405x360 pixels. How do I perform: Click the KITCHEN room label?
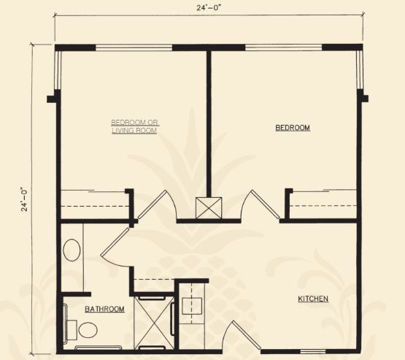313,299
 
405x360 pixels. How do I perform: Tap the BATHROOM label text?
104,309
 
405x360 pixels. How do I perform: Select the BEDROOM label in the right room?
293,128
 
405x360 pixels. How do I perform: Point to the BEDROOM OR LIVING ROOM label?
135,126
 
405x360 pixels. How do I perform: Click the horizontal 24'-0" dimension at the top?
209,8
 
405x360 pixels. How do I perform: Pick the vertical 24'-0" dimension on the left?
25,199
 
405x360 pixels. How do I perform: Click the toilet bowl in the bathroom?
88,330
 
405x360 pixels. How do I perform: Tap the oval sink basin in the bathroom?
72,250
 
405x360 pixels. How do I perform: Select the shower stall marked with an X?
154,323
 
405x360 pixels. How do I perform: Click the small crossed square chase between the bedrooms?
209,208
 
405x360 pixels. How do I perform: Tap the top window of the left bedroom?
134,47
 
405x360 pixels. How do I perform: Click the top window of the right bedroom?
284,47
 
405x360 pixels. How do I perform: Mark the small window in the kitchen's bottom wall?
313,351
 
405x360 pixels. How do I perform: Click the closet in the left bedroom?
95,205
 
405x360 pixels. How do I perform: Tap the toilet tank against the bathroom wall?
72,330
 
